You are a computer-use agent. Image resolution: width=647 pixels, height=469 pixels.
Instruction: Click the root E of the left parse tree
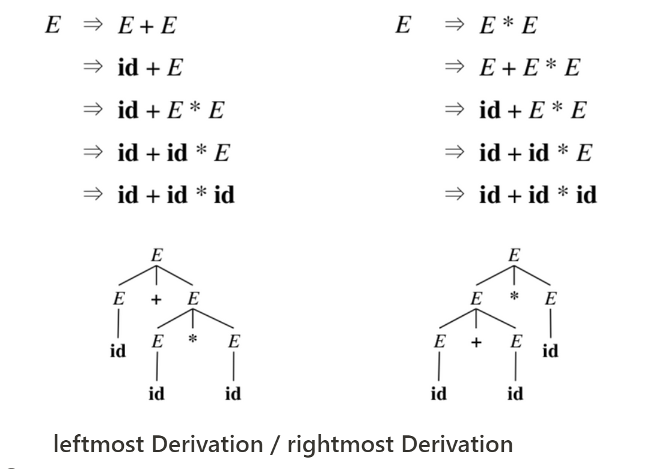156,255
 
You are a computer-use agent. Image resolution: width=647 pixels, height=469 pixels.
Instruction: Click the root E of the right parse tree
514,255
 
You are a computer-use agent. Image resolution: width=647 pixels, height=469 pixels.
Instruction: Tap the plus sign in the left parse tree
156,298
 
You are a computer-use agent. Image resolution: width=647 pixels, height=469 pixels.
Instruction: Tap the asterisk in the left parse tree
192,340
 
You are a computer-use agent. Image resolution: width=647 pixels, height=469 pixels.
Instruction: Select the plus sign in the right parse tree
476,342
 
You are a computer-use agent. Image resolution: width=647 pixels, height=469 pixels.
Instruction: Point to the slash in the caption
275,444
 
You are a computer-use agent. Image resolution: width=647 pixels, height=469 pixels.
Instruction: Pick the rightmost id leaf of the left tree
233,394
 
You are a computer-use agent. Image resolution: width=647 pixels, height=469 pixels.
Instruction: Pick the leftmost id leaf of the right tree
439,394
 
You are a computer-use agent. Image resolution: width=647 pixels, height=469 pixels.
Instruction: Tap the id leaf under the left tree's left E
118,351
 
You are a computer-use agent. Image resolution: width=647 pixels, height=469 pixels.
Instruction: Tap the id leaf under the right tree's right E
550,351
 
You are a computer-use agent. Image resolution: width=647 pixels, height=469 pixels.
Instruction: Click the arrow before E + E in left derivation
93,26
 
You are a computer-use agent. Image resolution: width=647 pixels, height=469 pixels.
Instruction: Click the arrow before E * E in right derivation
454,26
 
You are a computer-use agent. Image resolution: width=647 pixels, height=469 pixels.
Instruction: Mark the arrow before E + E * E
454,68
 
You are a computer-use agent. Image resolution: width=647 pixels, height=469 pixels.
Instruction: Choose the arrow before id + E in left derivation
93,68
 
